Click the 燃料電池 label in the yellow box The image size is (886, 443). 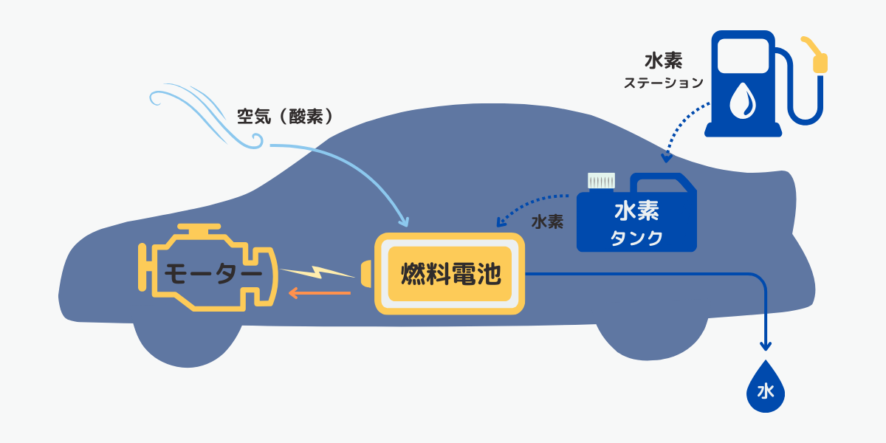pyautogui.click(x=450, y=275)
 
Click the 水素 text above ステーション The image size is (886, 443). pyautogui.click(x=663, y=61)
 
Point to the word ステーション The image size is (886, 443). pyautogui.click(x=663, y=83)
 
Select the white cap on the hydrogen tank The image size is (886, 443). pyautogui.click(x=601, y=181)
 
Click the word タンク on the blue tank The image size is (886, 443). pyautogui.click(x=636, y=238)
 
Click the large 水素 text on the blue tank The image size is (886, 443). pyautogui.click(x=636, y=212)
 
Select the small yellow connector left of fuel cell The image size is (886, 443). pyautogui.click(x=366, y=272)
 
